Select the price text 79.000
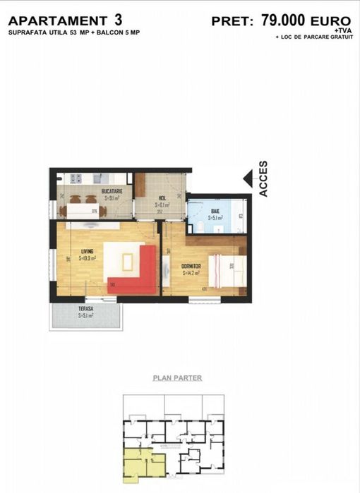click(280, 20)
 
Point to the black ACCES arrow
click(247, 179)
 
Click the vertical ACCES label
click(263, 179)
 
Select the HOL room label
click(162, 198)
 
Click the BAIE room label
click(215, 211)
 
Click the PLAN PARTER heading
click(177, 378)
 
